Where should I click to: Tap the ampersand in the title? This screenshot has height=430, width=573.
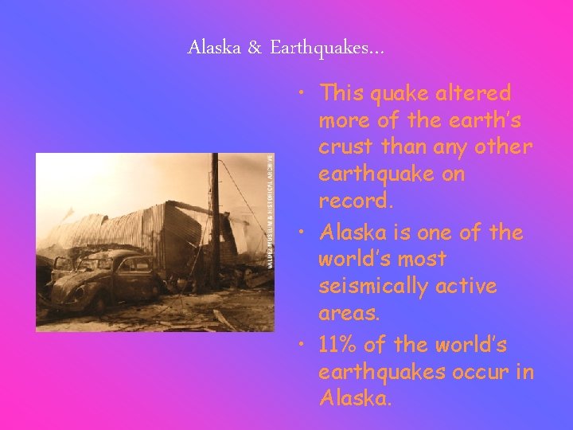tap(254, 48)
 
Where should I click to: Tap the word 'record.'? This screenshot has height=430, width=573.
tap(356, 201)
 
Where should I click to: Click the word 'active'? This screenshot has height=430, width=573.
tap(465, 285)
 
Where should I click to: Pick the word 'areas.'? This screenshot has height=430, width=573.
tap(347, 313)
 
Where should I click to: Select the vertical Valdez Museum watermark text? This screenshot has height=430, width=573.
tap(271, 211)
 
